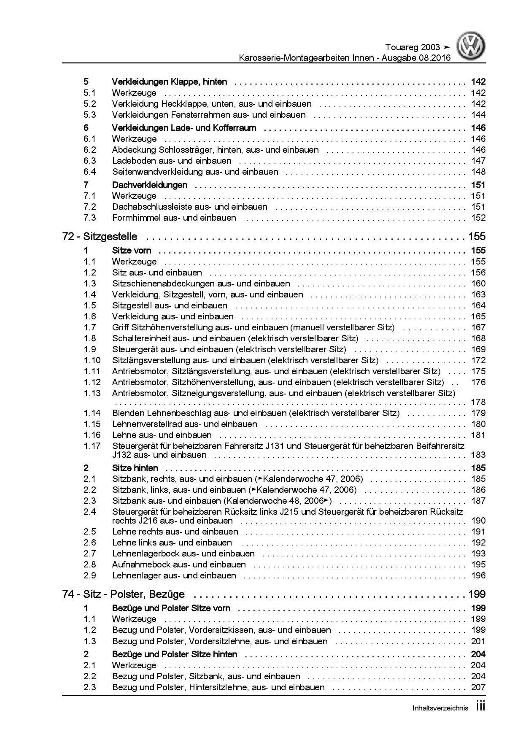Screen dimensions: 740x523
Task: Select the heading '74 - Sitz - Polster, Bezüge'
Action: pos(123,594)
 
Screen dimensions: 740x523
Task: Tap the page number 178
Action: pos(478,402)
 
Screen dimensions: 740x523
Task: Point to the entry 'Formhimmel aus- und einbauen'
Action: pos(174,218)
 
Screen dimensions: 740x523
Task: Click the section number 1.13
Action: pos(92,393)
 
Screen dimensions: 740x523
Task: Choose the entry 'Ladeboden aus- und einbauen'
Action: pos(172,161)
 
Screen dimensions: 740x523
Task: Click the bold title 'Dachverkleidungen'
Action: pos(150,185)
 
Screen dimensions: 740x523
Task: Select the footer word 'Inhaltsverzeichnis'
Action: pos(440,708)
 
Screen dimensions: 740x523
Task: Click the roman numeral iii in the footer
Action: pos(480,707)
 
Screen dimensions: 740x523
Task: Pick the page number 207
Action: pos(478,687)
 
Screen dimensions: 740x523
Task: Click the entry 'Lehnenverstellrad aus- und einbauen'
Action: pos(184,424)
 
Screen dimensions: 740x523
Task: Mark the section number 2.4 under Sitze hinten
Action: pos(90,512)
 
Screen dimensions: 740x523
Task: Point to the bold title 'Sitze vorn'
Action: pos(132,251)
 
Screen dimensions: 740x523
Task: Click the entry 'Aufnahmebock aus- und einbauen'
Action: pos(179,564)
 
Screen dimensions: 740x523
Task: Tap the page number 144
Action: pos(478,115)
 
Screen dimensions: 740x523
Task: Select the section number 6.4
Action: pos(90,172)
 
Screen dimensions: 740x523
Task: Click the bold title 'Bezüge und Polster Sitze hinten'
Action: pos(175,654)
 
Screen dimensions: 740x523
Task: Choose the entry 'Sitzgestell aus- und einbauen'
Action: pos(170,305)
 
